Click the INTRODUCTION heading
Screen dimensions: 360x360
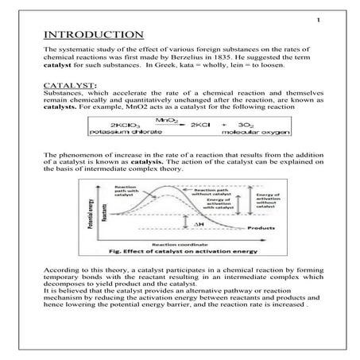(x=92, y=36)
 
